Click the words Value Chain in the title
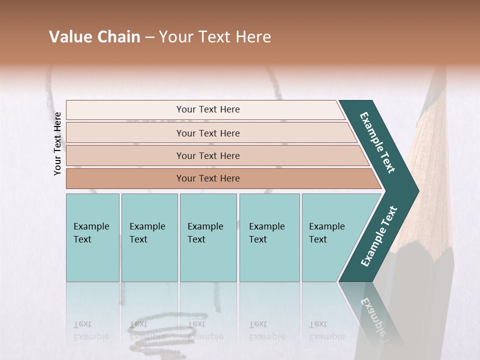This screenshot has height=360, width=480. point(94,37)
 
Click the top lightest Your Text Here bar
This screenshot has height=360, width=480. point(208,109)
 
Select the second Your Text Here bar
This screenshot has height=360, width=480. point(208,133)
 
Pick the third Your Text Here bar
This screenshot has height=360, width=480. point(208,155)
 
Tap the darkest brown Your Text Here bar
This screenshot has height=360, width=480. point(208,178)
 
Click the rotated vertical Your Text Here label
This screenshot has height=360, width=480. point(57,143)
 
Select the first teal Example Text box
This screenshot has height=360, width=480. point(92,237)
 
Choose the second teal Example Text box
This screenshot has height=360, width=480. point(149,237)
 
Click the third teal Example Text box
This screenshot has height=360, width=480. point(208,237)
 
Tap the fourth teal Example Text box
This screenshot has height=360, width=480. point(269,237)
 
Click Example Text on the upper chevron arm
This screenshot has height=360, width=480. point(377,142)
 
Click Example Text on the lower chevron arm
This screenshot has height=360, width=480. point(378,236)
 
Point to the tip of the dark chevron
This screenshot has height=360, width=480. point(417,191)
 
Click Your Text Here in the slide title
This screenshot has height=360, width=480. point(215,37)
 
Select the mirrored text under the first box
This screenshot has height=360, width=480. point(91,330)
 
